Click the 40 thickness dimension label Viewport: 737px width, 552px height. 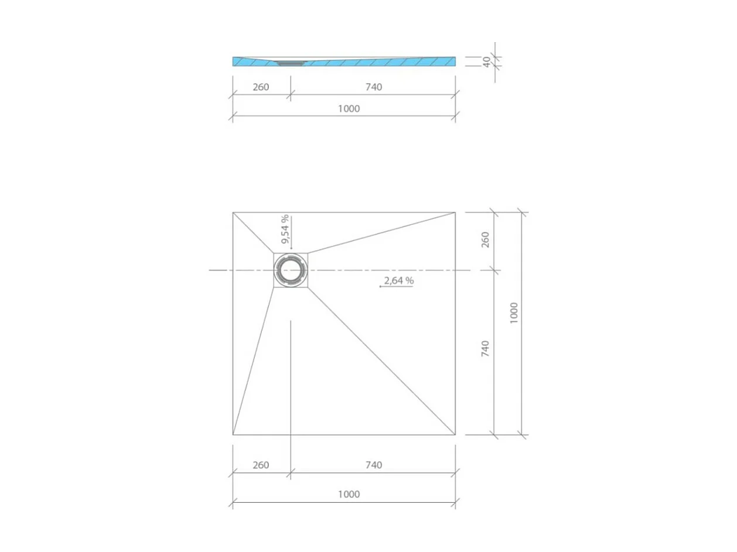(486, 61)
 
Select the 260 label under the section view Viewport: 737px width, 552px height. (261, 87)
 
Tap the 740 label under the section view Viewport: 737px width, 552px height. (373, 87)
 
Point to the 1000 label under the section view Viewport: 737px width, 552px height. (349, 108)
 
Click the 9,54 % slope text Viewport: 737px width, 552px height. (285, 229)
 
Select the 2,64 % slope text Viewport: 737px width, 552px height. (398, 281)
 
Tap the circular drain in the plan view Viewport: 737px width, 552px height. (291, 270)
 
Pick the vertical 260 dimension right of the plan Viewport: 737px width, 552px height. (486, 239)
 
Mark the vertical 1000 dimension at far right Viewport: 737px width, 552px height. (514, 314)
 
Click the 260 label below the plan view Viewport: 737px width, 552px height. (261, 465)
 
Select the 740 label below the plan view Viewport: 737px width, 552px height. (373, 465)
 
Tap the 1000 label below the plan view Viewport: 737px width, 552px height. (349, 494)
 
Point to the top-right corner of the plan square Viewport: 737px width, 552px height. (455, 212)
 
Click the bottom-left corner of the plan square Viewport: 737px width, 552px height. (233, 435)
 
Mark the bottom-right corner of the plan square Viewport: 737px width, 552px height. (455, 435)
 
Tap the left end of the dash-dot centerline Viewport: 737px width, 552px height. (210, 270)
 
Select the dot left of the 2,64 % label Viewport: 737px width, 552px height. (381, 287)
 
